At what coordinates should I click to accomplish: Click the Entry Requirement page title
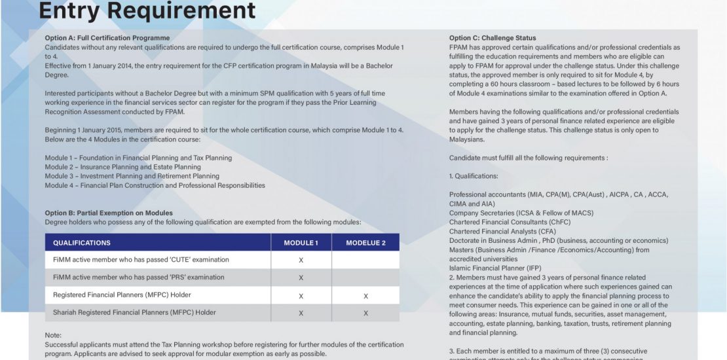[147, 11]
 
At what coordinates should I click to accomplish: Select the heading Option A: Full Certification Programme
[107, 38]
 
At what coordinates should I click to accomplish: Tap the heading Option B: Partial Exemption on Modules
[109, 213]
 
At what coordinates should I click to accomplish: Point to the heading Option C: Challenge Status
[493, 38]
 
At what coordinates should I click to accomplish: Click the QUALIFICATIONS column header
[82, 243]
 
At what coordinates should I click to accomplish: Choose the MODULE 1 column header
[301, 243]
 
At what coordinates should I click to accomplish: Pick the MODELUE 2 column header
[365, 243]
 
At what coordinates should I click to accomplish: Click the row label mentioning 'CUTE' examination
[141, 260]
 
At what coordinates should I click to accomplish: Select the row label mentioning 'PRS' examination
[138, 278]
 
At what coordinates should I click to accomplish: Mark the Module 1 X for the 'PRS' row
[301, 278]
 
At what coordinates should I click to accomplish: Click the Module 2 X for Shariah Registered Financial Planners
[365, 313]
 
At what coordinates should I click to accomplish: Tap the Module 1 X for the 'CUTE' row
[301, 260]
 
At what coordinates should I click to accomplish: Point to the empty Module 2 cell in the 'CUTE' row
[365, 260]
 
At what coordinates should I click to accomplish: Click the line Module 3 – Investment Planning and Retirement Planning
[132, 176]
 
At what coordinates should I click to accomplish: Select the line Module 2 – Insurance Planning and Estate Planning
[122, 167]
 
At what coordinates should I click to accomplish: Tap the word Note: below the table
[53, 335]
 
